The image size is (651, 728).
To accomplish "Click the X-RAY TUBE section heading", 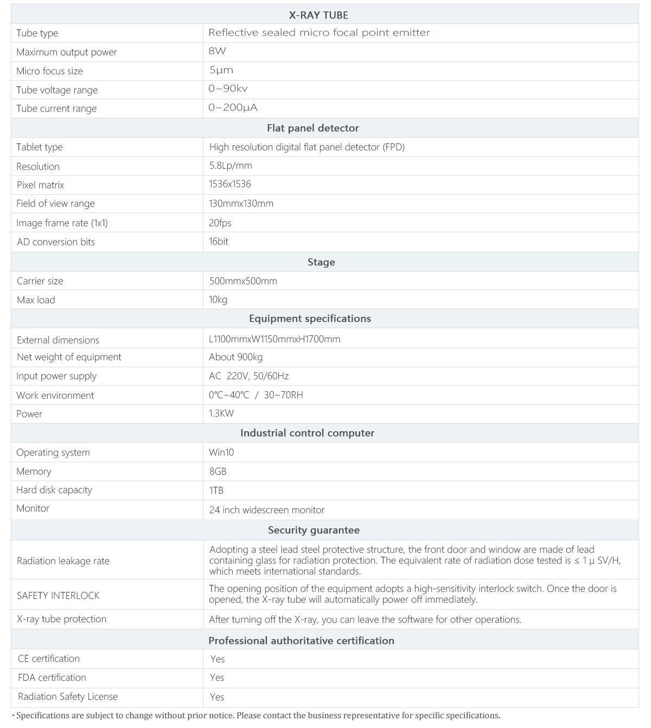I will (318, 15).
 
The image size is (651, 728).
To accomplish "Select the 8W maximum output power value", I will (217, 52).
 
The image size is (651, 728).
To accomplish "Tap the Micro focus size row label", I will (49, 71).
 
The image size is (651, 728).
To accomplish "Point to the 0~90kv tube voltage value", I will (228, 88).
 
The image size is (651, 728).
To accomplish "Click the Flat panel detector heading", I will (313, 128).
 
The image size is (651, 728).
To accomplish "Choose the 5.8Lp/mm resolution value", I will (231, 165).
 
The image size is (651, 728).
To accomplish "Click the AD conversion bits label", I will (55, 242).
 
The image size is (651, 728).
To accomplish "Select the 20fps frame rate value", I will (220, 223).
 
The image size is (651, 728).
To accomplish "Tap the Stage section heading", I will (321, 262).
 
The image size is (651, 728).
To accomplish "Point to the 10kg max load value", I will (218, 299).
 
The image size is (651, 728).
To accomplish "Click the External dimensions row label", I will (58, 340).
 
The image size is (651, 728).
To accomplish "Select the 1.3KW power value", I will (221, 413).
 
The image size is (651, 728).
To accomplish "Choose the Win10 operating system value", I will (221, 452).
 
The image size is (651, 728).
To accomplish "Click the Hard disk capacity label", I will (54, 490).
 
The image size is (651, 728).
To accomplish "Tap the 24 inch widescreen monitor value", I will (267, 510).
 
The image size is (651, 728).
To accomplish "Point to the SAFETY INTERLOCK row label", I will (58, 595).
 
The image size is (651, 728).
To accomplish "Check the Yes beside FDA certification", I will (217, 678).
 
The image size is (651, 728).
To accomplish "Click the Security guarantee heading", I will (314, 530).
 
